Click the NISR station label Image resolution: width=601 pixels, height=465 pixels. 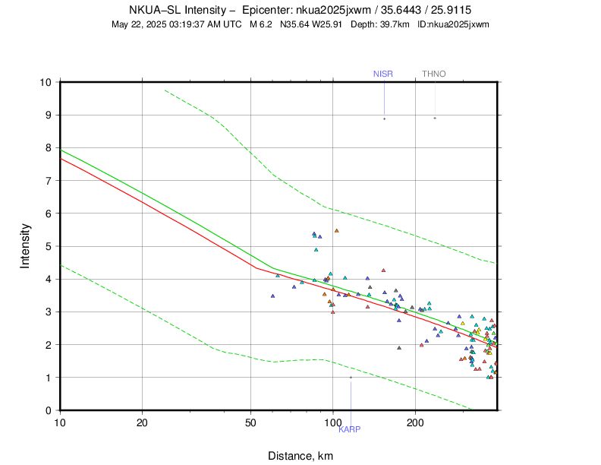click(x=383, y=74)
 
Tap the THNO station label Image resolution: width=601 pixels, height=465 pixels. click(x=434, y=74)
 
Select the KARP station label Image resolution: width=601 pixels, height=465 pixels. click(x=349, y=429)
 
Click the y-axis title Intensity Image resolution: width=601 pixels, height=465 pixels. click(x=25, y=245)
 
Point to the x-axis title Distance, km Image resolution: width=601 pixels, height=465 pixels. click(x=300, y=456)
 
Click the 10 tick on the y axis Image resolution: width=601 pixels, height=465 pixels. click(x=46, y=82)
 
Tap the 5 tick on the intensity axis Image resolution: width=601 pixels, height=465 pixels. click(x=48, y=246)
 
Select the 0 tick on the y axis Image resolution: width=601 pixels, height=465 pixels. click(x=48, y=410)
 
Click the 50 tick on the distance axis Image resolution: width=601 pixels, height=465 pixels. click(x=251, y=422)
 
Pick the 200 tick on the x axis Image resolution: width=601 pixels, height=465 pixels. click(x=415, y=422)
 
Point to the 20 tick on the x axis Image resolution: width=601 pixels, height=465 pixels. click(x=143, y=422)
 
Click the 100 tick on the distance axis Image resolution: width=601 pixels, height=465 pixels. click(x=332, y=422)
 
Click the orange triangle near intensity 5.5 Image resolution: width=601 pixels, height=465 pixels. click(x=337, y=230)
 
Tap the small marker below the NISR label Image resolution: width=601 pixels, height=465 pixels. click(x=384, y=119)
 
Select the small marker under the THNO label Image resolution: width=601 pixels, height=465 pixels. click(x=435, y=118)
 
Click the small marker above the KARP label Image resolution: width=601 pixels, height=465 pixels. click(x=351, y=377)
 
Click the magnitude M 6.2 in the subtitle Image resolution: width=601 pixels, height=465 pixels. click(x=260, y=24)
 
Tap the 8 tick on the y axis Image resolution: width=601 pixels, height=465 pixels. click(x=48, y=148)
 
